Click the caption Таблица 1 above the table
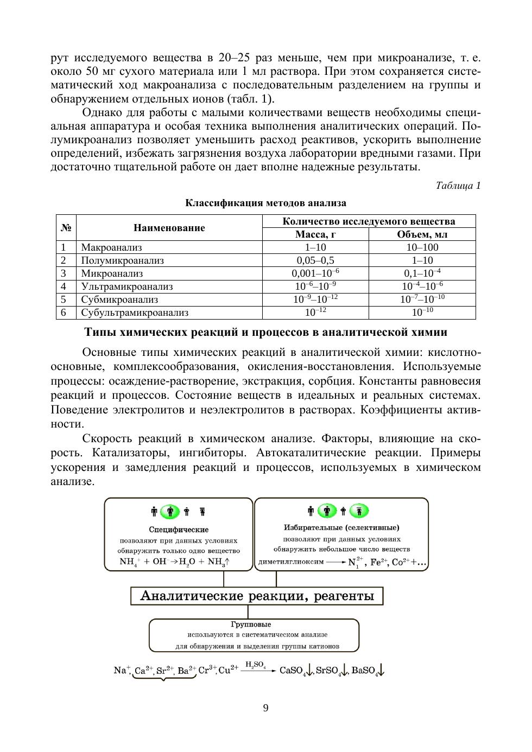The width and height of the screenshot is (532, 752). (458, 186)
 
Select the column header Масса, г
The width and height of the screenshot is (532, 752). (315, 234)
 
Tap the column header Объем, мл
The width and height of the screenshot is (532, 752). (422, 234)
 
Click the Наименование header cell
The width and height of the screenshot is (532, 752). (169, 228)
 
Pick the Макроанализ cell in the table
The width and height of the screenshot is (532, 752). (111, 247)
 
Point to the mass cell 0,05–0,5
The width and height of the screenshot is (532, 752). (315, 260)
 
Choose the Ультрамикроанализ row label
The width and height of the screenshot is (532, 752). (126, 286)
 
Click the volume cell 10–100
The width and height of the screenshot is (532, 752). (422, 247)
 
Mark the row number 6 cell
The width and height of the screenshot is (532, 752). (64, 313)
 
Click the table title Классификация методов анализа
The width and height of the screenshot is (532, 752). (265, 203)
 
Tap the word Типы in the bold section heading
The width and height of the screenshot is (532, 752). (101, 333)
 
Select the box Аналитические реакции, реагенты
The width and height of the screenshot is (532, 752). (257, 596)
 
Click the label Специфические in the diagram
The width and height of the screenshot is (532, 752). (179, 530)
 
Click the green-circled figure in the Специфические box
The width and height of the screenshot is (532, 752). (170, 511)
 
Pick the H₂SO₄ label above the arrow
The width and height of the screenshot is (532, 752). (255, 664)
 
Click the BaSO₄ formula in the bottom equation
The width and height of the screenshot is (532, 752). (365, 671)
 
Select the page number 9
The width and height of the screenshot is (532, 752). (265, 708)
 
